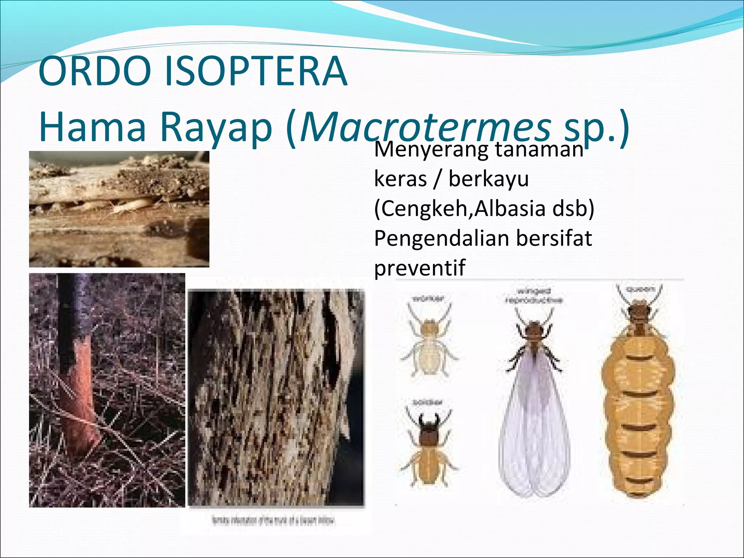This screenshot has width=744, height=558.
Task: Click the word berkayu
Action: click(x=489, y=179)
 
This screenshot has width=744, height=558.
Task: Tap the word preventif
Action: click(x=420, y=268)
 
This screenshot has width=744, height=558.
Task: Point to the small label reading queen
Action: click(x=640, y=290)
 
